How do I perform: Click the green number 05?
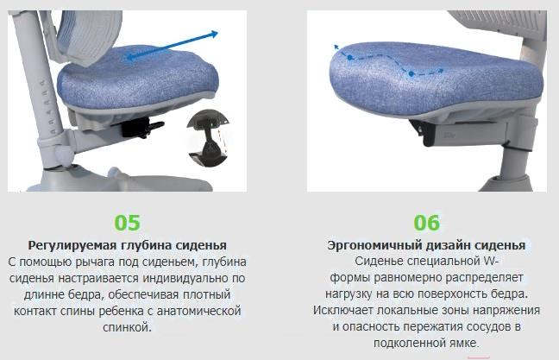click(128, 222)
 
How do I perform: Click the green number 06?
click(427, 222)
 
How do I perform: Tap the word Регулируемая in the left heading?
click(72, 245)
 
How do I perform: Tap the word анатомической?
click(199, 311)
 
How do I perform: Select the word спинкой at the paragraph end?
click(128, 327)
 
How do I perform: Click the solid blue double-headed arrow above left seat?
click(172, 46)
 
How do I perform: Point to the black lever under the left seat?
click(142, 128)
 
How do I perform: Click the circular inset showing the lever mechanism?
click(208, 137)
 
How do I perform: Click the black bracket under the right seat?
click(423, 132)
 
